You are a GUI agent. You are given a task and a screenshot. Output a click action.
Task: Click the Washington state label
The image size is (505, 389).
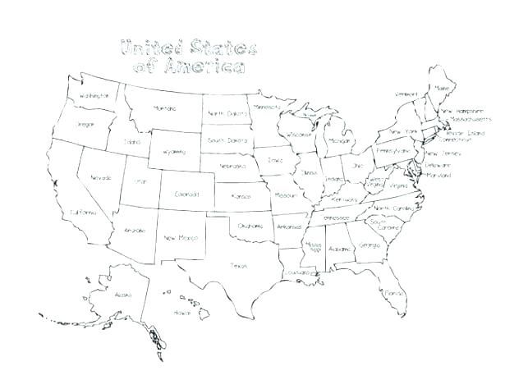[94, 97]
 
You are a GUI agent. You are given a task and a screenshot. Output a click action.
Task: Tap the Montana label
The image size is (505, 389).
[165, 108]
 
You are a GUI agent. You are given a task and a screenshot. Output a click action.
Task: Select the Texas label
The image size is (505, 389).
[239, 264]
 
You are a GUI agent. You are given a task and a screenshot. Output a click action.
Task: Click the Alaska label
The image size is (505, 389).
[123, 294]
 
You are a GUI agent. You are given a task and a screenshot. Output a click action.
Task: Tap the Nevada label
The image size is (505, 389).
[101, 177]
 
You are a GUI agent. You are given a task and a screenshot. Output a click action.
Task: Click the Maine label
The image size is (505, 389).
[445, 89]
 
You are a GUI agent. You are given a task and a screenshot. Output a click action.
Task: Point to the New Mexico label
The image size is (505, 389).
[180, 238]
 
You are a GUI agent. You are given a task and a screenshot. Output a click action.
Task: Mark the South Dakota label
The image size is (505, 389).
[227, 140]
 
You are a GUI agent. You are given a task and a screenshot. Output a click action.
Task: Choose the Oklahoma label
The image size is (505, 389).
[251, 225]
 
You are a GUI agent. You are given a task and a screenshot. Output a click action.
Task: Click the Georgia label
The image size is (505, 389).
[370, 245]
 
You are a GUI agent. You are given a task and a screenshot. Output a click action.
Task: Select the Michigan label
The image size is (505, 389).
[339, 140]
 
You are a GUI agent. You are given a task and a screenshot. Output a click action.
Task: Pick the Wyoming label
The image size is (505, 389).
[174, 152]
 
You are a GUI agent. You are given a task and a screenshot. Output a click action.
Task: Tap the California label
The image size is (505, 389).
[85, 212]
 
